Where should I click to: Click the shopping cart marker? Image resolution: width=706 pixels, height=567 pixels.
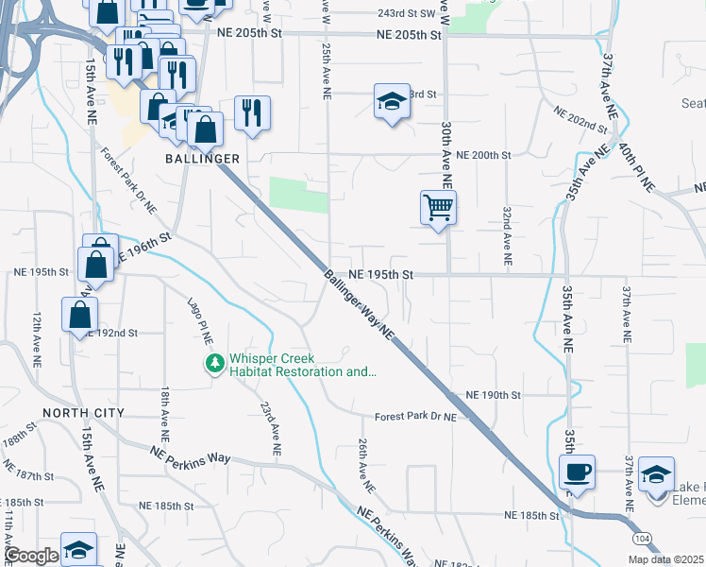(438, 206)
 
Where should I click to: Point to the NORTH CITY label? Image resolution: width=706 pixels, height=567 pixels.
(83, 414)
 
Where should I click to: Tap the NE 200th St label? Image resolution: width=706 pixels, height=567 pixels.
(482, 154)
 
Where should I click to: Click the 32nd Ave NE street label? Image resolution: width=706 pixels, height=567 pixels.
(507, 235)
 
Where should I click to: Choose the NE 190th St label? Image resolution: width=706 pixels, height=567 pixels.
(494, 394)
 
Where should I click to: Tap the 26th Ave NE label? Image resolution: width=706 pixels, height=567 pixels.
(365, 465)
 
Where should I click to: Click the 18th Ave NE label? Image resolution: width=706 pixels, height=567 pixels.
(166, 416)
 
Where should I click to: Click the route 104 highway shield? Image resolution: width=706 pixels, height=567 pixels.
(642, 537)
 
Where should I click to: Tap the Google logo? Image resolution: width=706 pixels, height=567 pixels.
(32, 556)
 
